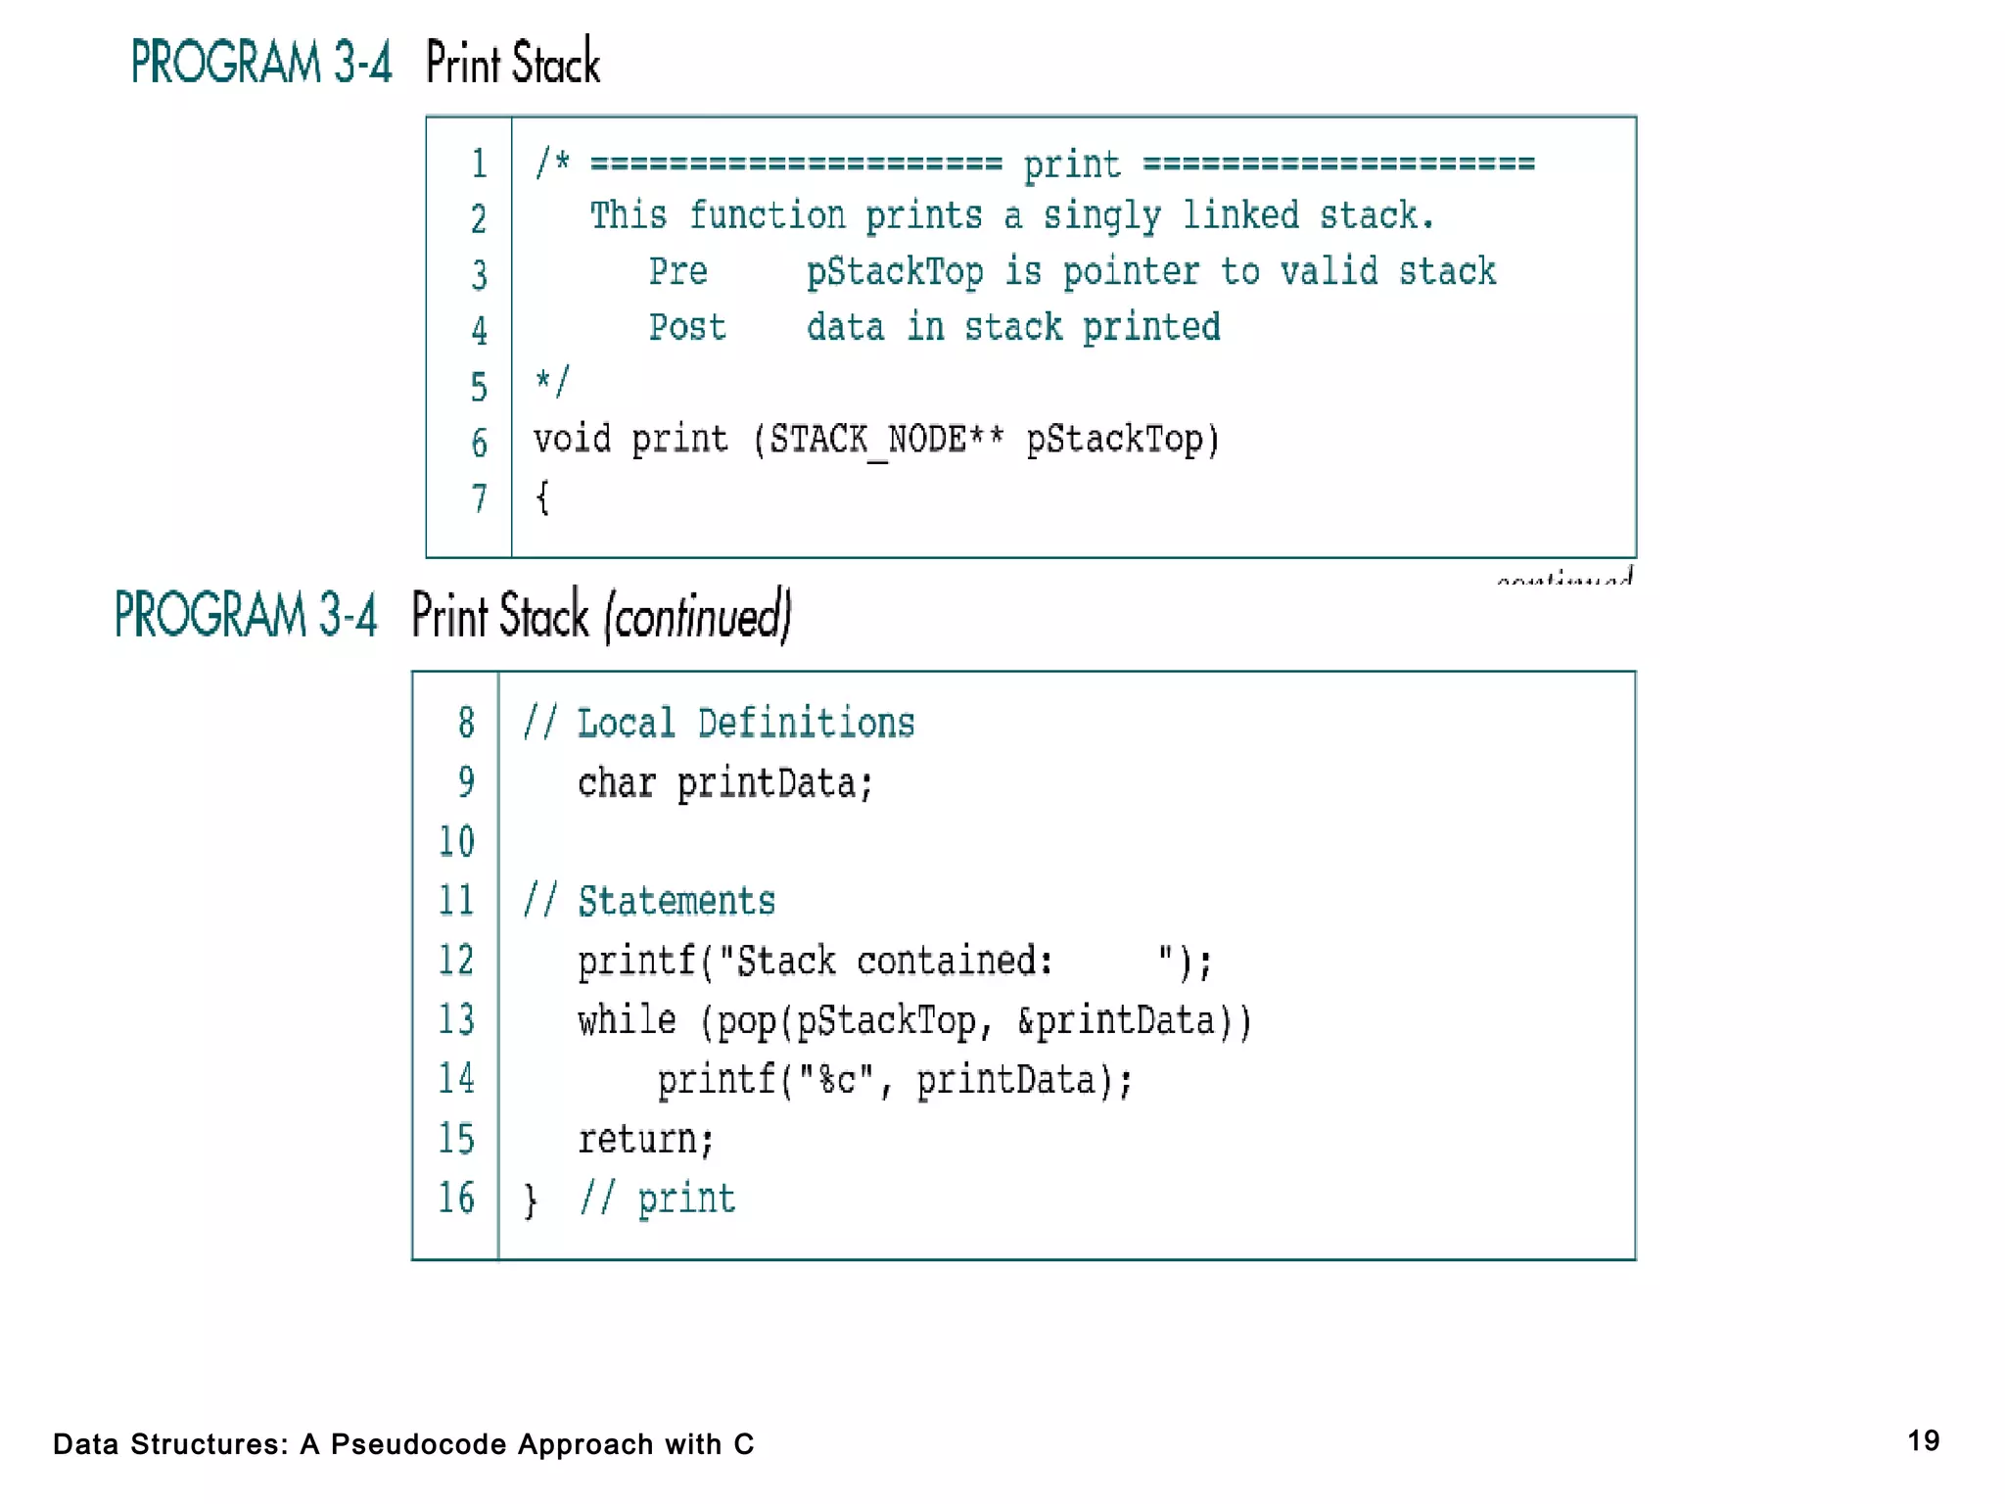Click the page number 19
coord(1923,1440)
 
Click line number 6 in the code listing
coord(479,444)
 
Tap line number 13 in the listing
coord(456,1019)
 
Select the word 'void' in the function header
coord(572,439)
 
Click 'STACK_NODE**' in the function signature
coord(886,440)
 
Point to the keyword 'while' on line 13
coord(627,1020)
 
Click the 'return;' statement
coord(645,1139)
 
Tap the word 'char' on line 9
coord(616,783)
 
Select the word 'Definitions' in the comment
coord(806,724)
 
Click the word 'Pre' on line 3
coord(677,271)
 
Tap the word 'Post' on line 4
coord(687,327)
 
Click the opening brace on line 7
coord(542,497)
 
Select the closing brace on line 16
coord(531,1199)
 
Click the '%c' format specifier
coord(837,1080)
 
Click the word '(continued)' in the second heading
coord(698,616)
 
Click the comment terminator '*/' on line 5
coord(551,382)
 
